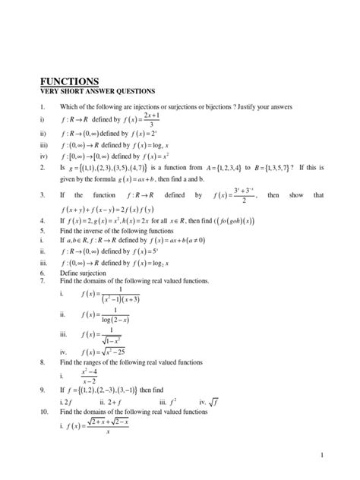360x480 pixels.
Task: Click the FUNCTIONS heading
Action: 69,81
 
